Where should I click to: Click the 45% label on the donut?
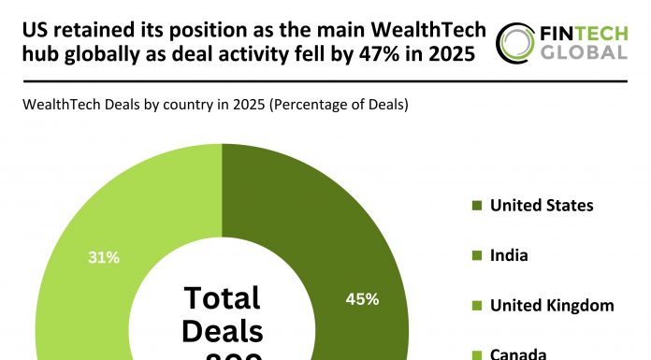point(362,299)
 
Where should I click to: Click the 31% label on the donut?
point(103,257)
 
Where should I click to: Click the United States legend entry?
point(541,205)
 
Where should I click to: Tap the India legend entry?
point(510,255)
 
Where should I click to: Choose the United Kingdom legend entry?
point(551,306)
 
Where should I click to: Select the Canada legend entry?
point(517,353)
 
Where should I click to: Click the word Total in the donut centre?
point(223,297)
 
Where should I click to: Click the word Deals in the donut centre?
point(223,332)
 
